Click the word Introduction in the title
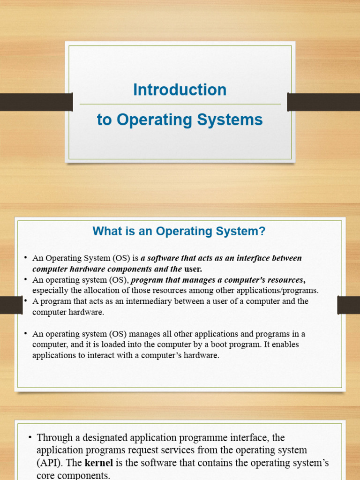click(x=180, y=90)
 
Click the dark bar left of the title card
click(x=36, y=102)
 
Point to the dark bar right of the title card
click(x=323, y=102)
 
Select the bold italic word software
click(x=163, y=258)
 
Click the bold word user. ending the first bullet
click(x=193, y=269)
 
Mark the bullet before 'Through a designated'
click(x=30, y=437)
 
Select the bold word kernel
click(x=99, y=462)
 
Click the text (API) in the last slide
click(x=50, y=463)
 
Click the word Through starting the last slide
click(x=55, y=438)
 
